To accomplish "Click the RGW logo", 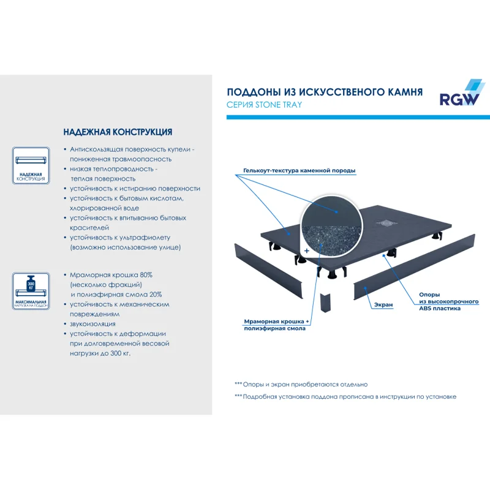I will [459, 95].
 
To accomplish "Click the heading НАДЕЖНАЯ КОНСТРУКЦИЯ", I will [118, 132].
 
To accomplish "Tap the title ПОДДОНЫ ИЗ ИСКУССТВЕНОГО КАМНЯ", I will [325, 92].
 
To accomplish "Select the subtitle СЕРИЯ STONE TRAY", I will [264, 105].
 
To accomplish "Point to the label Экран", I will [383, 304].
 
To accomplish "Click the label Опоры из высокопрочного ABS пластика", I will [440, 301].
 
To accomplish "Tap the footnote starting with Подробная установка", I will [345, 397].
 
